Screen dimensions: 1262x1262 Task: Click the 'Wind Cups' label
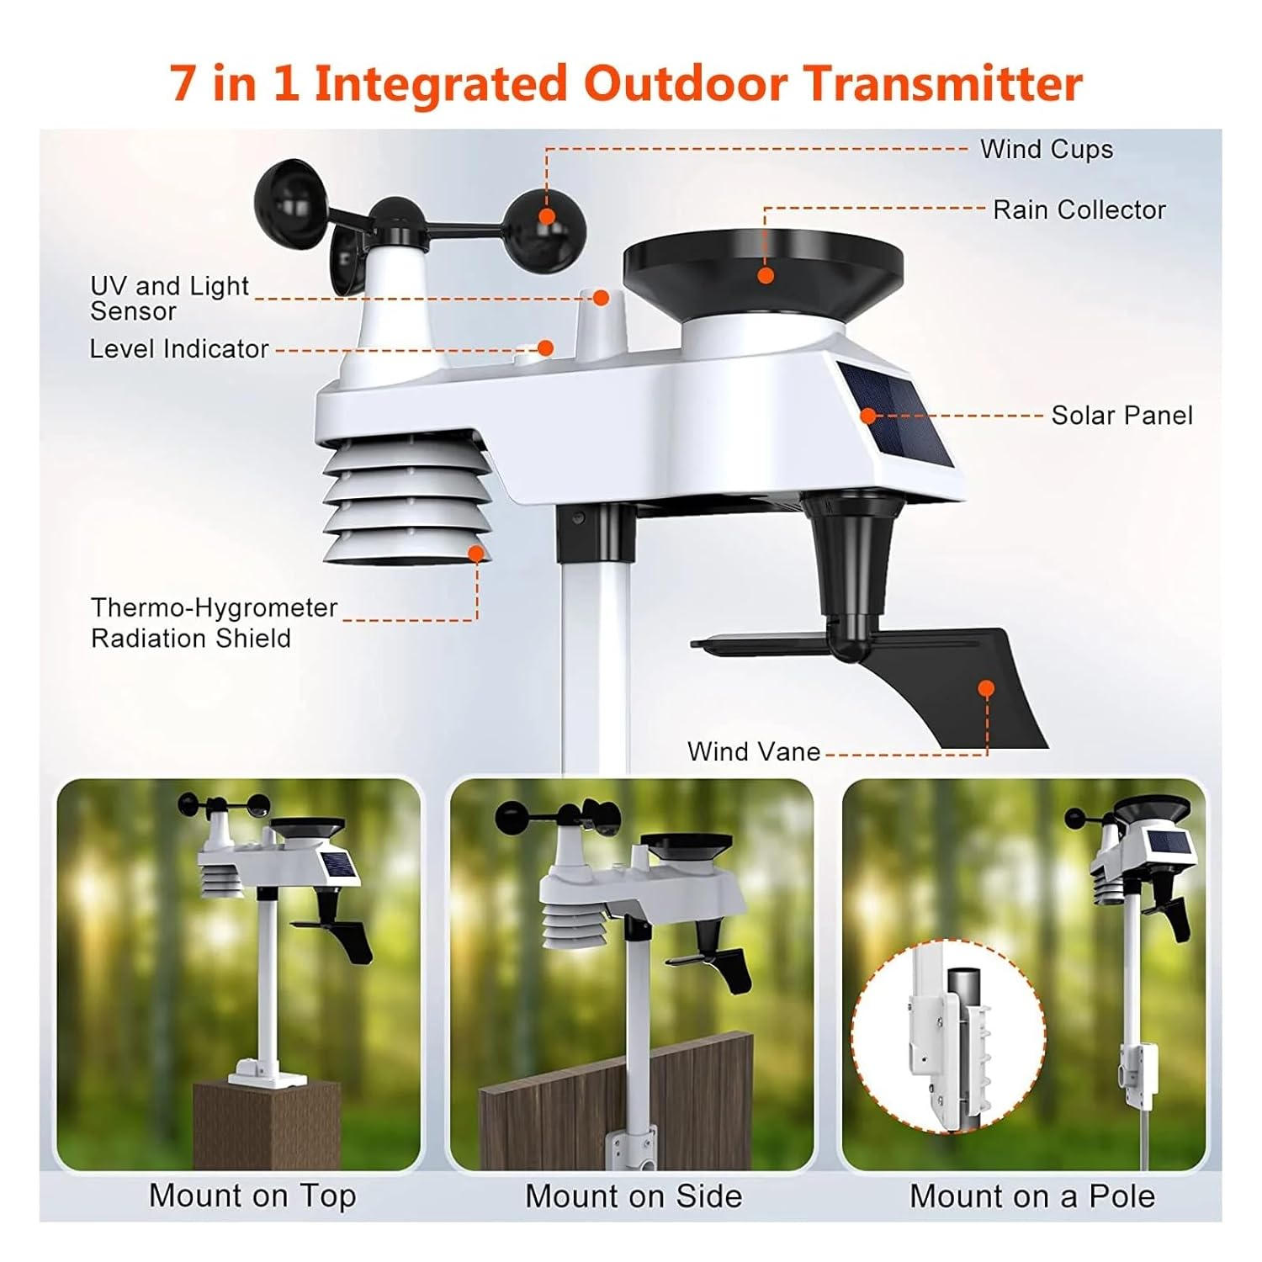pyautogui.click(x=1046, y=150)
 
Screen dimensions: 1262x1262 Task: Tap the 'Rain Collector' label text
pyautogui.click(x=1079, y=209)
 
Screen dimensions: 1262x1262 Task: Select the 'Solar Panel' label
pyautogui.click(x=1121, y=416)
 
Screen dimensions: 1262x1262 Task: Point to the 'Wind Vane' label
pyautogui.click(x=753, y=751)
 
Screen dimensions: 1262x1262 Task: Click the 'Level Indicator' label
pyautogui.click(x=179, y=349)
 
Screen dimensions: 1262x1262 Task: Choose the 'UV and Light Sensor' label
pyautogui.click(x=168, y=299)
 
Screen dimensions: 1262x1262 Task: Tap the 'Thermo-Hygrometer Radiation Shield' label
pyautogui.click(x=214, y=623)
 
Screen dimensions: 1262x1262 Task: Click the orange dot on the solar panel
pyautogui.click(x=868, y=415)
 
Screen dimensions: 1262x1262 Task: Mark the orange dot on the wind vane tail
pyautogui.click(x=987, y=688)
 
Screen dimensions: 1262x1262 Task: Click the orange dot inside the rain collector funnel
pyautogui.click(x=766, y=275)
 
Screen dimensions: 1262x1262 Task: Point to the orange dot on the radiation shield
pyautogui.click(x=476, y=553)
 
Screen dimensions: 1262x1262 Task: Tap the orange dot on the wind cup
pyautogui.click(x=547, y=216)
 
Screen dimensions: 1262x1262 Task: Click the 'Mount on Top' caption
pyautogui.click(x=252, y=1196)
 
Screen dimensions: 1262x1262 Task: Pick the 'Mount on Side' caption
pyautogui.click(x=634, y=1196)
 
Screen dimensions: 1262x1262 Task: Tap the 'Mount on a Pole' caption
pyautogui.click(x=1031, y=1196)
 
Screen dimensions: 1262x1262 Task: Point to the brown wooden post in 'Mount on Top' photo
pyautogui.click(x=267, y=1123)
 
